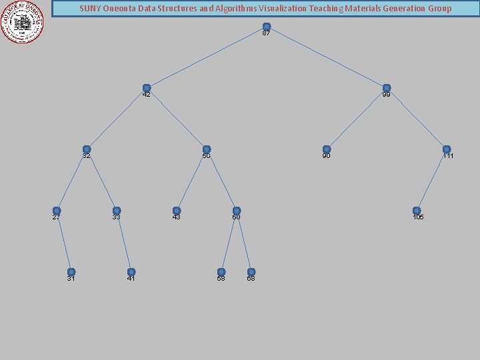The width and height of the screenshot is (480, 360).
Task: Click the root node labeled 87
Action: [267, 27]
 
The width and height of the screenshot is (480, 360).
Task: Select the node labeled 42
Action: [147, 88]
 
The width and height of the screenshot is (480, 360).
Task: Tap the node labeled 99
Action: [387, 88]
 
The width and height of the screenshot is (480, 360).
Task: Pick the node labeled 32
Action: [87, 149]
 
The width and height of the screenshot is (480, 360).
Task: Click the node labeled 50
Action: [207, 149]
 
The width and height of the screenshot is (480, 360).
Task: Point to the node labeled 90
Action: [327, 149]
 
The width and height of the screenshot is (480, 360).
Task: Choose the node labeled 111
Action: [447, 149]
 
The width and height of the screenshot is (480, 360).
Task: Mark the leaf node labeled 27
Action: [57, 211]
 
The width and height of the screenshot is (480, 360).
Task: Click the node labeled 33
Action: [117, 211]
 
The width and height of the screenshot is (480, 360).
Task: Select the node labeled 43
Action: [177, 211]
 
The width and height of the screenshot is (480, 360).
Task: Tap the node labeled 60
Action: [237, 211]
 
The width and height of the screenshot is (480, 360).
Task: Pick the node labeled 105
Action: [417, 211]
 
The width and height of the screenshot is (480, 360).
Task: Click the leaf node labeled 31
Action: [71, 272]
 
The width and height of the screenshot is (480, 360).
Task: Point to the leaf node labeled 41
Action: [131, 272]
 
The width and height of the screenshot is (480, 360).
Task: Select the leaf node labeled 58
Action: [221, 272]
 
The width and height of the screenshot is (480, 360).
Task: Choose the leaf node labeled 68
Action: [251, 272]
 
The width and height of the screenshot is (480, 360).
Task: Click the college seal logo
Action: [22, 21]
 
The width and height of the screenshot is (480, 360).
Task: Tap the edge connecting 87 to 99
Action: [327, 57]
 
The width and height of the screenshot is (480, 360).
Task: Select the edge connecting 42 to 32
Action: [117, 119]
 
